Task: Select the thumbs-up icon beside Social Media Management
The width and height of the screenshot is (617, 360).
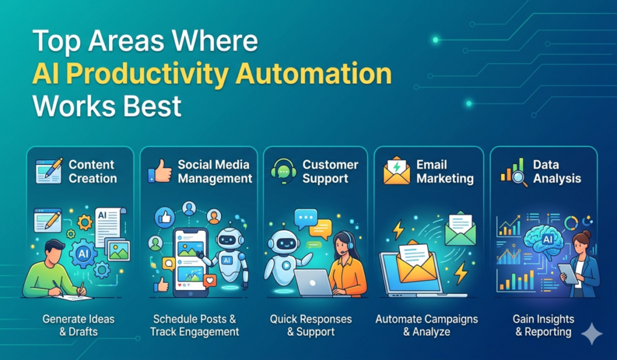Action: tap(160, 172)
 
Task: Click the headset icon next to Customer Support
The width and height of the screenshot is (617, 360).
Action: tap(283, 171)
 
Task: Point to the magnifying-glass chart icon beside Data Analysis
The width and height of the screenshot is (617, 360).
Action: tap(512, 171)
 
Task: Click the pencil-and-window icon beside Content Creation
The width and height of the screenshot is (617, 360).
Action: tap(49, 171)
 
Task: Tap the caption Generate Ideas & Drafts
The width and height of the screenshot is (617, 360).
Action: tap(78, 325)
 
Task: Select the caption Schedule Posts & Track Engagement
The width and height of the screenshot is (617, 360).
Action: tap(195, 325)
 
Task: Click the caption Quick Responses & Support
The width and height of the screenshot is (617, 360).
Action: tap(311, 325)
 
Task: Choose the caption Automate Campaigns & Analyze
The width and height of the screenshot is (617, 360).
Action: tap(427, 325)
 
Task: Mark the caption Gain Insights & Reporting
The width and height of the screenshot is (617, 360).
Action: tap(543, 325)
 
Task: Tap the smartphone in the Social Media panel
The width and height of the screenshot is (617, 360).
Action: tap(190, 262)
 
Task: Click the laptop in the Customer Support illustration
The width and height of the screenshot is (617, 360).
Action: tap(313, 282)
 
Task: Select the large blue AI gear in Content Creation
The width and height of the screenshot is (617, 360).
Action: tap(85, 253)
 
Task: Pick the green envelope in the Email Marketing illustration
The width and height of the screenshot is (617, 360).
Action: tap(460, 230)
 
